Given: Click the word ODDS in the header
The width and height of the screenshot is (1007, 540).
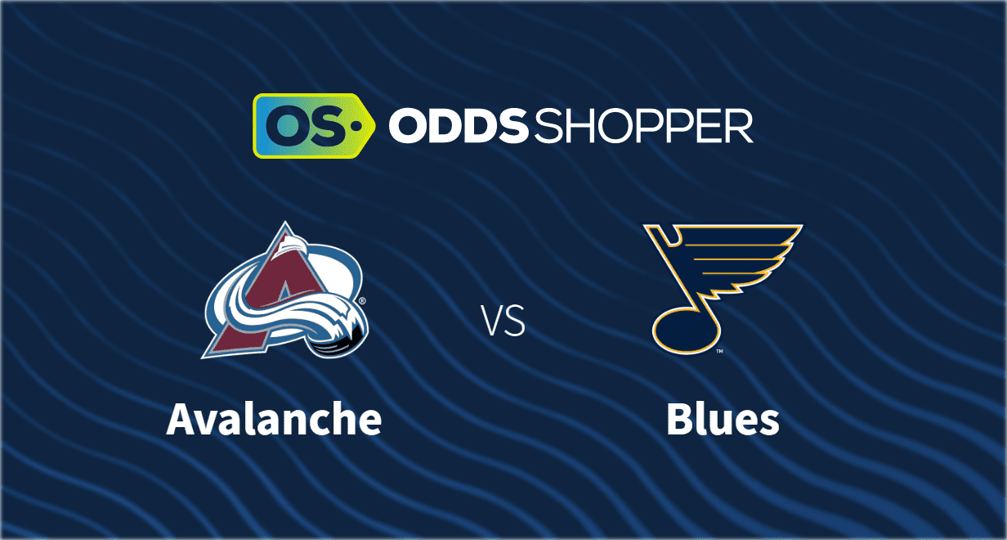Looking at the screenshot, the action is [458, 125].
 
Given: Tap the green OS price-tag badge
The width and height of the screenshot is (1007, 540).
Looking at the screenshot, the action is [314, 126].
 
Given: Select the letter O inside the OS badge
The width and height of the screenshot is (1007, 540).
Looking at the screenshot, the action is [286, 126].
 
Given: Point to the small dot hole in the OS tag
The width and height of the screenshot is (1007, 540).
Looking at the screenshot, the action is [356, 126].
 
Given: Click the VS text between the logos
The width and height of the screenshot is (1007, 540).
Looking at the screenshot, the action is [503, 321].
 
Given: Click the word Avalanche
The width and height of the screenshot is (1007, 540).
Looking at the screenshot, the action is [275, 420].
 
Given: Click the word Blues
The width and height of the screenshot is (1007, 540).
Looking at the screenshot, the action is [723, 420].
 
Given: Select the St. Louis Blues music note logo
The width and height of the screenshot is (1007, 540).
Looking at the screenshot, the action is [723, 288].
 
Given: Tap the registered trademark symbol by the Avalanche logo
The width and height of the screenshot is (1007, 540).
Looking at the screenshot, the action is [362, 300].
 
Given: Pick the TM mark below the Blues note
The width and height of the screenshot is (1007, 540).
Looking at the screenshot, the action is [719, 351].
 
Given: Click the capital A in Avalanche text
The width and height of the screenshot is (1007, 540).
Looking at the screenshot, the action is [181, 420].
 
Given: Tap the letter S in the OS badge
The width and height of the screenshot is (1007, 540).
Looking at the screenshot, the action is [329, 126].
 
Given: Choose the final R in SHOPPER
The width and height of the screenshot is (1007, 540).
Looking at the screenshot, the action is [740, 126].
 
